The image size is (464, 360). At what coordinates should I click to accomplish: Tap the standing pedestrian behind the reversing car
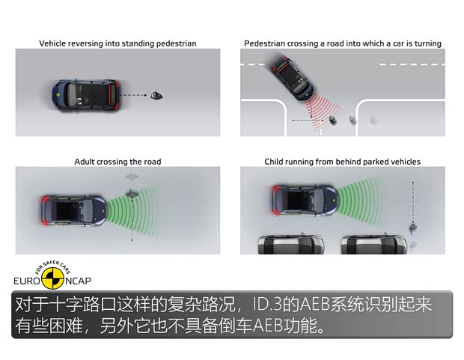(156, 95)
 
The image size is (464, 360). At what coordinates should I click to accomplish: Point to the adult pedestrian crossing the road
(132, 192)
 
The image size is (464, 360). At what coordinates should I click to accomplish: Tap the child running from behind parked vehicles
(412, 225)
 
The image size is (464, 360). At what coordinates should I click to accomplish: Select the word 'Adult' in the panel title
(85, 162)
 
